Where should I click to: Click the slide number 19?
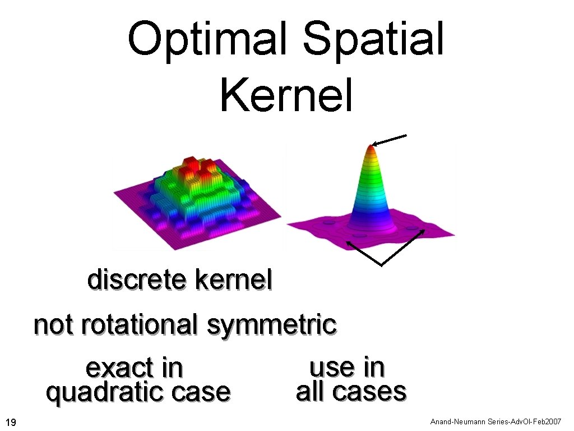[11, 421]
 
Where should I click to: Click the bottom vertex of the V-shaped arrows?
[382, 264]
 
